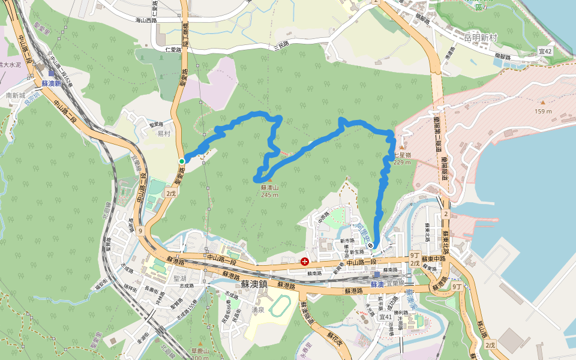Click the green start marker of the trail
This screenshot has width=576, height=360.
[x=182, y=161]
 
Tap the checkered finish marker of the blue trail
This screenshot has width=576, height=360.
[x=372, y=245]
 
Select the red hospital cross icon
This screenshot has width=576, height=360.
[x=305, y=262]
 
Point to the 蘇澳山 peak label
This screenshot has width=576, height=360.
[x=269, y=187]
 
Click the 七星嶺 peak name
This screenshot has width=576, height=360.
[x=401, y=155]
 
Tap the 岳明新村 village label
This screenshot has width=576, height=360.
[x=481, y=37]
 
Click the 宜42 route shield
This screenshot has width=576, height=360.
[x=544, y=52]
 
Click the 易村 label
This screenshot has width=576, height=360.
[x=164, y=133]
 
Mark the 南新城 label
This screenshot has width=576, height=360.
[x=16, y=95]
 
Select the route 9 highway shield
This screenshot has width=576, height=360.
[x=140, y=230]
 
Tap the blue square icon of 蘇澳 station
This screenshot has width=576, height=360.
[x=376, y=275]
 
